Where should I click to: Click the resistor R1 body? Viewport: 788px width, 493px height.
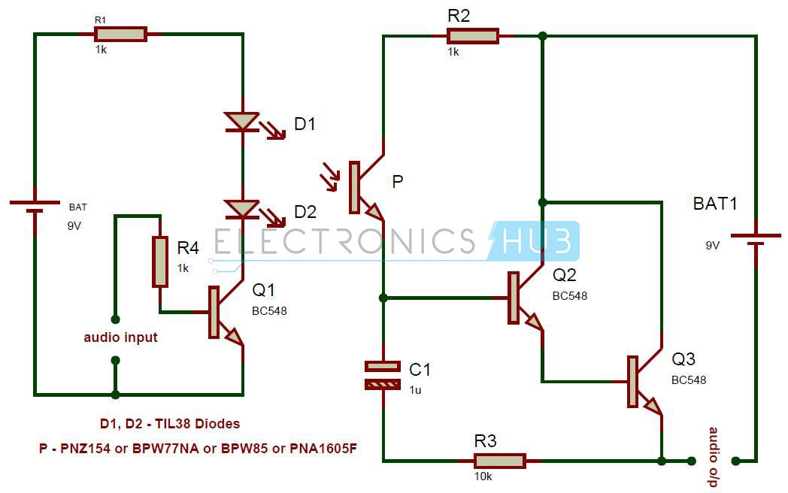point(120,34)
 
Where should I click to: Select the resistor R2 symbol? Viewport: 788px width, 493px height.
point(472,36)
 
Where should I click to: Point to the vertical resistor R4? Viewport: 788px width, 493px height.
point(160,262)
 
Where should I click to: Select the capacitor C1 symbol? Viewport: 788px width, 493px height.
point(383,375)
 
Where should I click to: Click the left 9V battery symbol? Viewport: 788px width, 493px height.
point(35,206)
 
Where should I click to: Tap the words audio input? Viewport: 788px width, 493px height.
point(120,337)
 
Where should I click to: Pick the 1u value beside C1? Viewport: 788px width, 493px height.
point(416,390)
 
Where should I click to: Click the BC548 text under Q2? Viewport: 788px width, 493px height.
point(569,296)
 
